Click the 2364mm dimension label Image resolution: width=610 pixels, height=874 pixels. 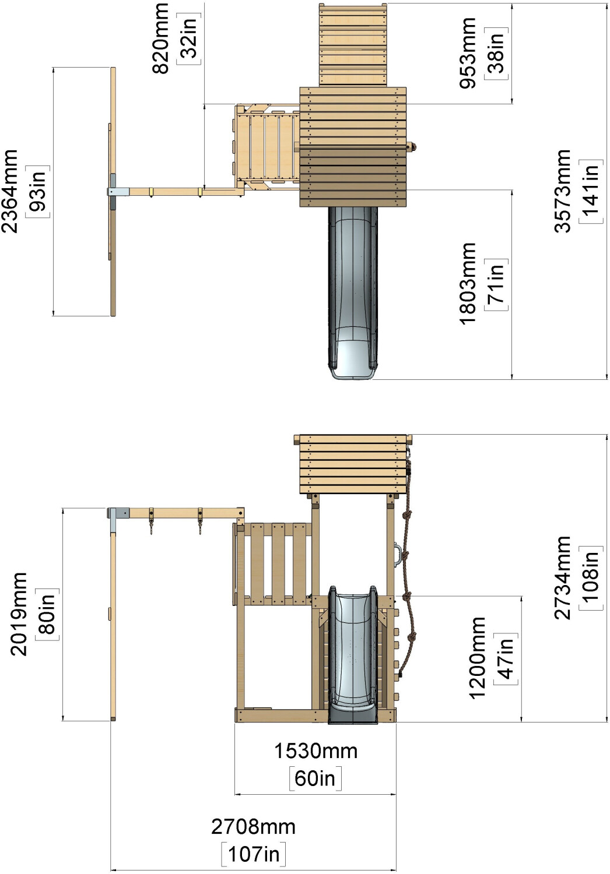pos(10,191)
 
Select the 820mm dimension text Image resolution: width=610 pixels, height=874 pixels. pos(161,38)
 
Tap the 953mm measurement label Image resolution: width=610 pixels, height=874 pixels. pos(468,53)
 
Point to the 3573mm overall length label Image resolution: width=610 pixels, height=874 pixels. pos(563,191)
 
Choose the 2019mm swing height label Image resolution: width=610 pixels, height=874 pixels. pos(19,614)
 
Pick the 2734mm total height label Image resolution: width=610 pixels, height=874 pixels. pos(563,577)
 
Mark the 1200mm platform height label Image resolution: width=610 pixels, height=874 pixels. pos(477,658)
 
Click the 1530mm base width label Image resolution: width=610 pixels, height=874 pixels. pos(315,751)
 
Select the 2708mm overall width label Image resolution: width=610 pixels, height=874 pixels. pos(253,826)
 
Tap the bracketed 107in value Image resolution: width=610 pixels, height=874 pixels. pos(254,854)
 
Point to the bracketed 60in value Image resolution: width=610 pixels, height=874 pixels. pos(315,778)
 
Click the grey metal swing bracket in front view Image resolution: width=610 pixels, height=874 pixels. pos(120,513)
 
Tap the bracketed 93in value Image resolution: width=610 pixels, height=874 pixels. pos(38,191)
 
